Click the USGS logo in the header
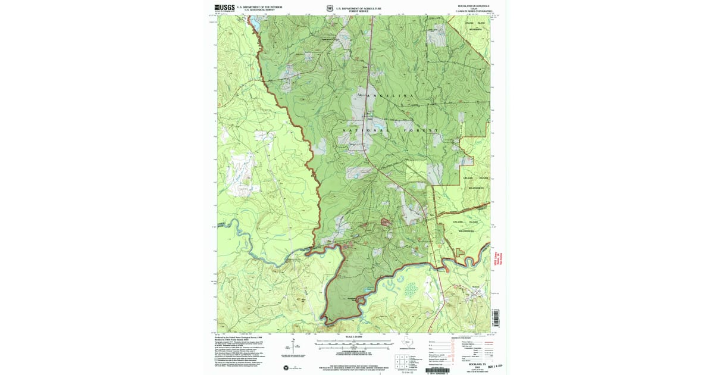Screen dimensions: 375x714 click(x=225, y=8)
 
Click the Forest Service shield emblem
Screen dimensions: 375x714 click(x=329, y=8)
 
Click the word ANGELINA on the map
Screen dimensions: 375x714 click(x=390, y=96)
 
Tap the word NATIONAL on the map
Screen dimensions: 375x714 click(x=364, y=130)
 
